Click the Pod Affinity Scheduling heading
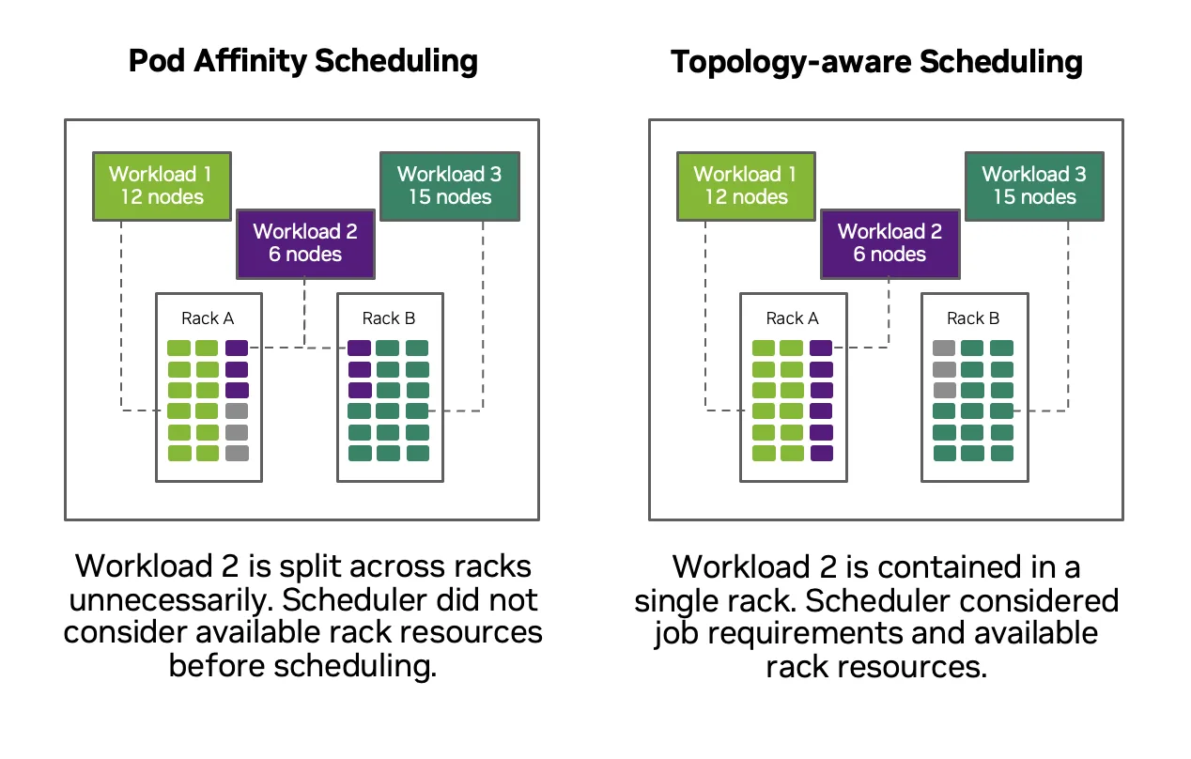(302, 62)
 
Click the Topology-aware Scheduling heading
(876, 62)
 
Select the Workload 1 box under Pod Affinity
(161, 185)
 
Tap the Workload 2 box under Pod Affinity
(305, 242)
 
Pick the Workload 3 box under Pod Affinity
(449, 185)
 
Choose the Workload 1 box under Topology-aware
(746, 185)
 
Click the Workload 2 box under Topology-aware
(889, 242)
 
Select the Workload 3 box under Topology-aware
(1034, 185)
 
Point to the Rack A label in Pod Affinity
(208, 318)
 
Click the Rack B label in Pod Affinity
(389, 318)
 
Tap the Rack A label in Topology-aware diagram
(793, 318)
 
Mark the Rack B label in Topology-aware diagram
(973, 318)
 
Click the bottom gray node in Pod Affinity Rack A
(237, 453)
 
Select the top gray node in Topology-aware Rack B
(944, 348)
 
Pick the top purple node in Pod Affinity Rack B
(359, 348)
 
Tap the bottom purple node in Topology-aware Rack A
(821, 453)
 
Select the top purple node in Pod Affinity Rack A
(237, 348)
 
